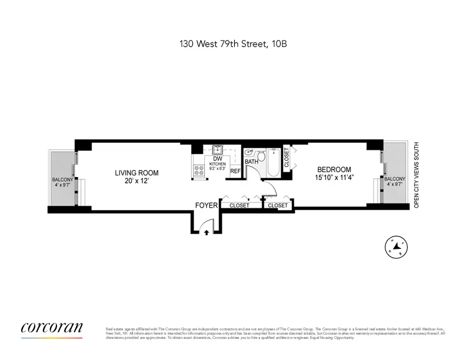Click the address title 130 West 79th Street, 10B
tap(233, 44)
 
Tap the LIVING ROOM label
tap(137, 173)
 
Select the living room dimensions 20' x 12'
tap(137, 181)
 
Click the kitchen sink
tap(217, 149)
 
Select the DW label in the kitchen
tap(217, 159)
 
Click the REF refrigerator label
tap(235, 171)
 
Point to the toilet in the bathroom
tap(249, 152)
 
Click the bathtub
tap(275, 162)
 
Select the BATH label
tap(251, 162)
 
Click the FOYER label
tap(207, 205)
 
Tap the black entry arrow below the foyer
tap(207, 232)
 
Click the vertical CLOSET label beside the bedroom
tap(287, 158)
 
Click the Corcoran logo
tap(52, 328)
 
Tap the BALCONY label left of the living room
tap(62, 179)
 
